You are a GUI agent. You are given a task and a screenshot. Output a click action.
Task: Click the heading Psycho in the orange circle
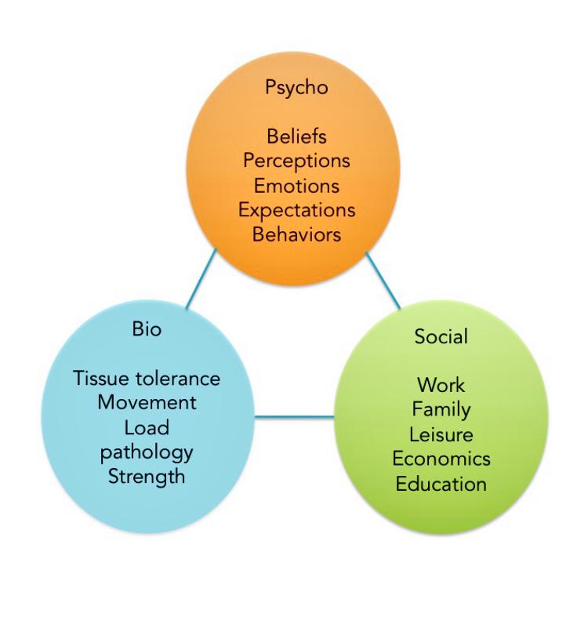[296, 87]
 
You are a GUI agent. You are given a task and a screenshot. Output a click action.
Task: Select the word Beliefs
[297, 136]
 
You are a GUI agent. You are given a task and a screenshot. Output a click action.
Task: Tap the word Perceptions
[296, 161]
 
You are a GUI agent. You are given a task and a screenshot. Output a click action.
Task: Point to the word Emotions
[296, 186]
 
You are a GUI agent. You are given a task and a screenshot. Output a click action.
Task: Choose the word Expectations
[297, 210]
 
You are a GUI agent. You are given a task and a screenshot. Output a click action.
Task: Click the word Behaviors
[296, 234]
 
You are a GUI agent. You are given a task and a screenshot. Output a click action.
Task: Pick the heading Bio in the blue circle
[147, 329]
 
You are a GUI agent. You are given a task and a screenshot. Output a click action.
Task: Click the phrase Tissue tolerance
[147, 379]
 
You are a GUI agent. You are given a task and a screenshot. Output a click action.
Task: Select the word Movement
[147, 402]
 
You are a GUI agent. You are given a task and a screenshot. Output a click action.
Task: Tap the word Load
[147, 428]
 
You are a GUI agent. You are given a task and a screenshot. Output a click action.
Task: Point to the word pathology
[147, 453]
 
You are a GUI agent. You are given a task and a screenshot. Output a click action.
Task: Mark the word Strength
[147, 477]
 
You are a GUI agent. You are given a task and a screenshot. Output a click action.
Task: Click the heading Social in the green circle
[441, 336]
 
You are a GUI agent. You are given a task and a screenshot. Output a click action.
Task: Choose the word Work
[441, 385]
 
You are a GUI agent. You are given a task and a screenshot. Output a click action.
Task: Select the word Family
[441, 410]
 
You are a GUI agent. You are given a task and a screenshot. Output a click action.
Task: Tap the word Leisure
[441, 435]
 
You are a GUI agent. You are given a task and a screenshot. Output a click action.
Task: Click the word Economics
[441, 459]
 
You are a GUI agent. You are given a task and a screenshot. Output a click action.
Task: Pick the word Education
[441, 484]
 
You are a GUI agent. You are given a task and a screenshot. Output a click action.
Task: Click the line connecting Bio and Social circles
[294, 417]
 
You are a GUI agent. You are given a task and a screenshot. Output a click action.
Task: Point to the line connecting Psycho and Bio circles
[201, 279]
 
